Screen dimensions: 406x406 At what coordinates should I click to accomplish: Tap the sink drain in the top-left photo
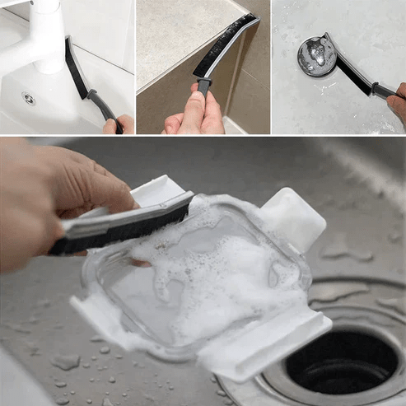coord(29,99)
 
